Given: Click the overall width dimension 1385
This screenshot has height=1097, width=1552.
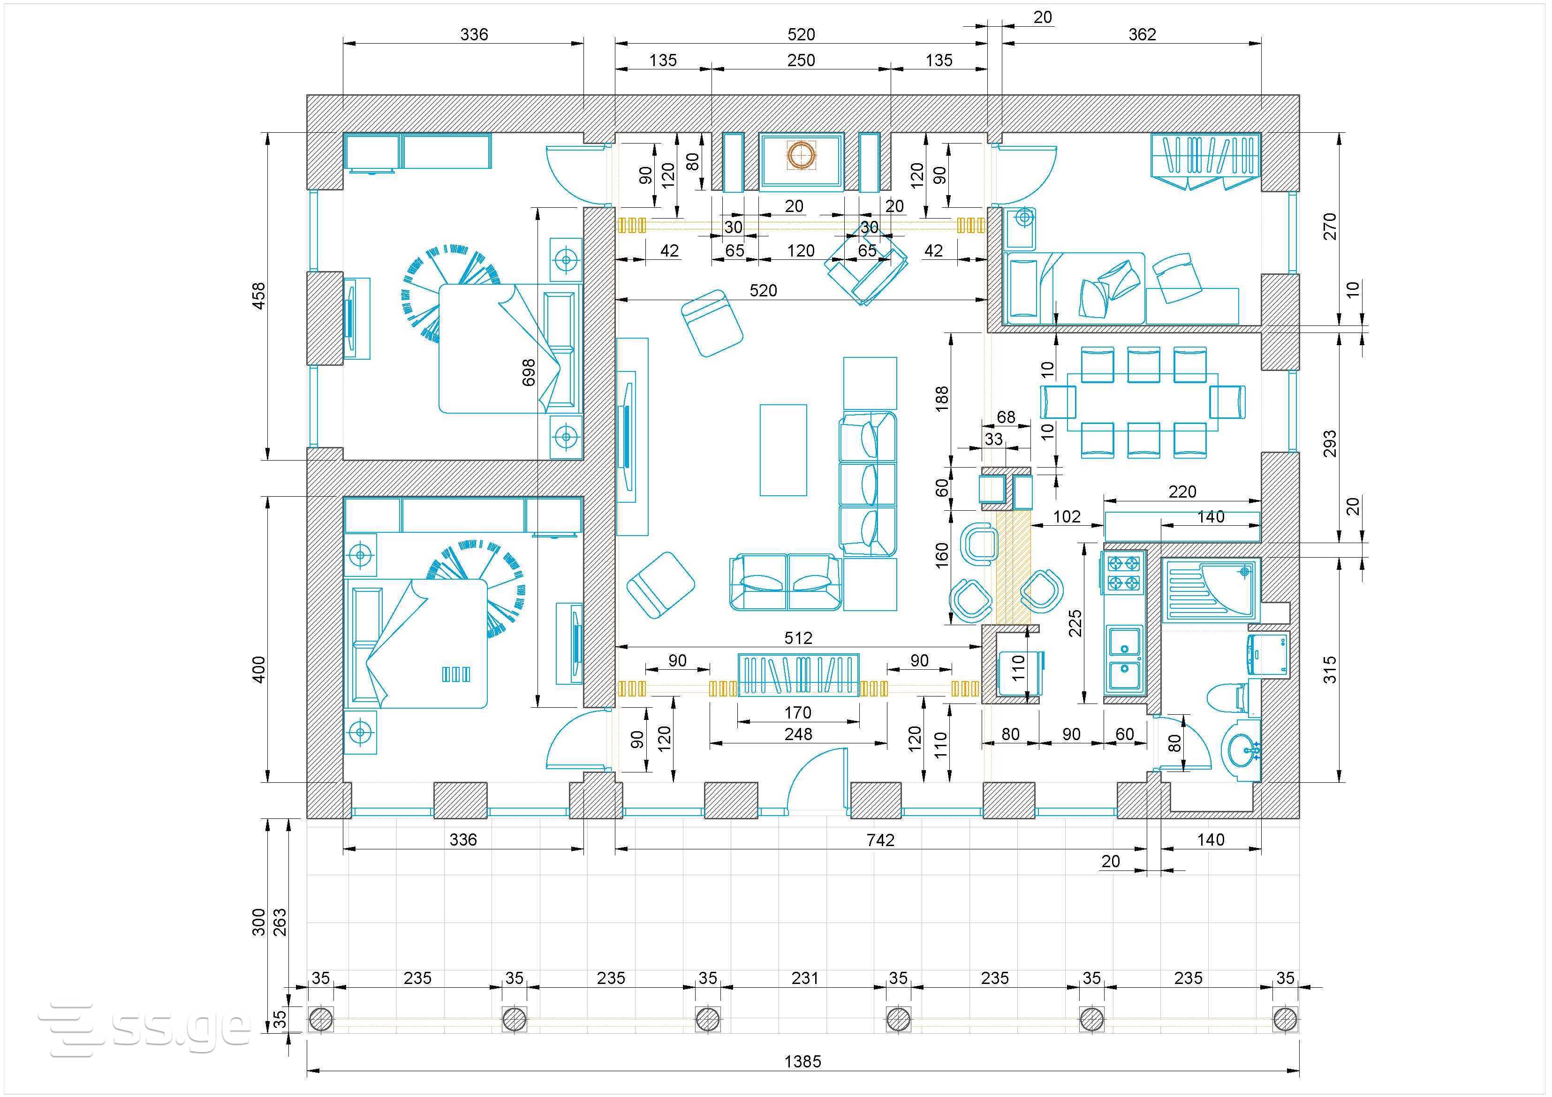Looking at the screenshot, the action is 802,1062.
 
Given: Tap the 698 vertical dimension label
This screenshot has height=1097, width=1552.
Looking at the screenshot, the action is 529,372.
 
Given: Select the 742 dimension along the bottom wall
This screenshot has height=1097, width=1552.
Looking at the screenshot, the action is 880,840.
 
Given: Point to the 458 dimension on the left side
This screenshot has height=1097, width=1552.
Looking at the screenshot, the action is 259,296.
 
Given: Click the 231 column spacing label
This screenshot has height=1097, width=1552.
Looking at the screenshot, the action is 805,978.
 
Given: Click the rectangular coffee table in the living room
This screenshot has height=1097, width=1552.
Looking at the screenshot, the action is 783,450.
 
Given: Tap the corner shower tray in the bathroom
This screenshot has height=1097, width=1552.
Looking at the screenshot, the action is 1211,590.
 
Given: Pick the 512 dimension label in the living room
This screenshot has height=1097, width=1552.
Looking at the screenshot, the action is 798,638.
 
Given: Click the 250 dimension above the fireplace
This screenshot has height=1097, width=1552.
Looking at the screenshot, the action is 801,60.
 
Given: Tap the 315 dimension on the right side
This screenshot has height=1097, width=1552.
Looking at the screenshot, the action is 1330,669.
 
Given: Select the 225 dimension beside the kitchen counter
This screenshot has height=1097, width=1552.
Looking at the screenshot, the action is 1075,623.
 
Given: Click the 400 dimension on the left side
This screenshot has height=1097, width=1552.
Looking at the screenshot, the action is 259,669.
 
